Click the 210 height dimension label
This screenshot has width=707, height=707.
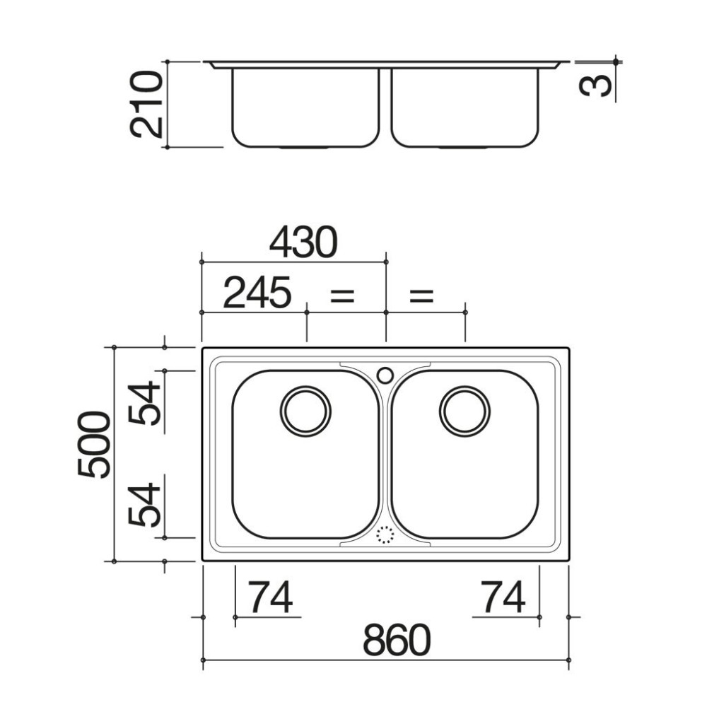146,104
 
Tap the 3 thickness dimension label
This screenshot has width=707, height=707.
594,84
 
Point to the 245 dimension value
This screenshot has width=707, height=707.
257,293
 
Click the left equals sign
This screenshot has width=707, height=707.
342,295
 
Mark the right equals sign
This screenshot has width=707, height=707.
421,295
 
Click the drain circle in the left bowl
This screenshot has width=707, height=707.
305,411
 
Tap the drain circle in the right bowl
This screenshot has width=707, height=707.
464,411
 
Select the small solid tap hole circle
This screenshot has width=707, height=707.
385,375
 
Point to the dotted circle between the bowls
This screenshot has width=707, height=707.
385,535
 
